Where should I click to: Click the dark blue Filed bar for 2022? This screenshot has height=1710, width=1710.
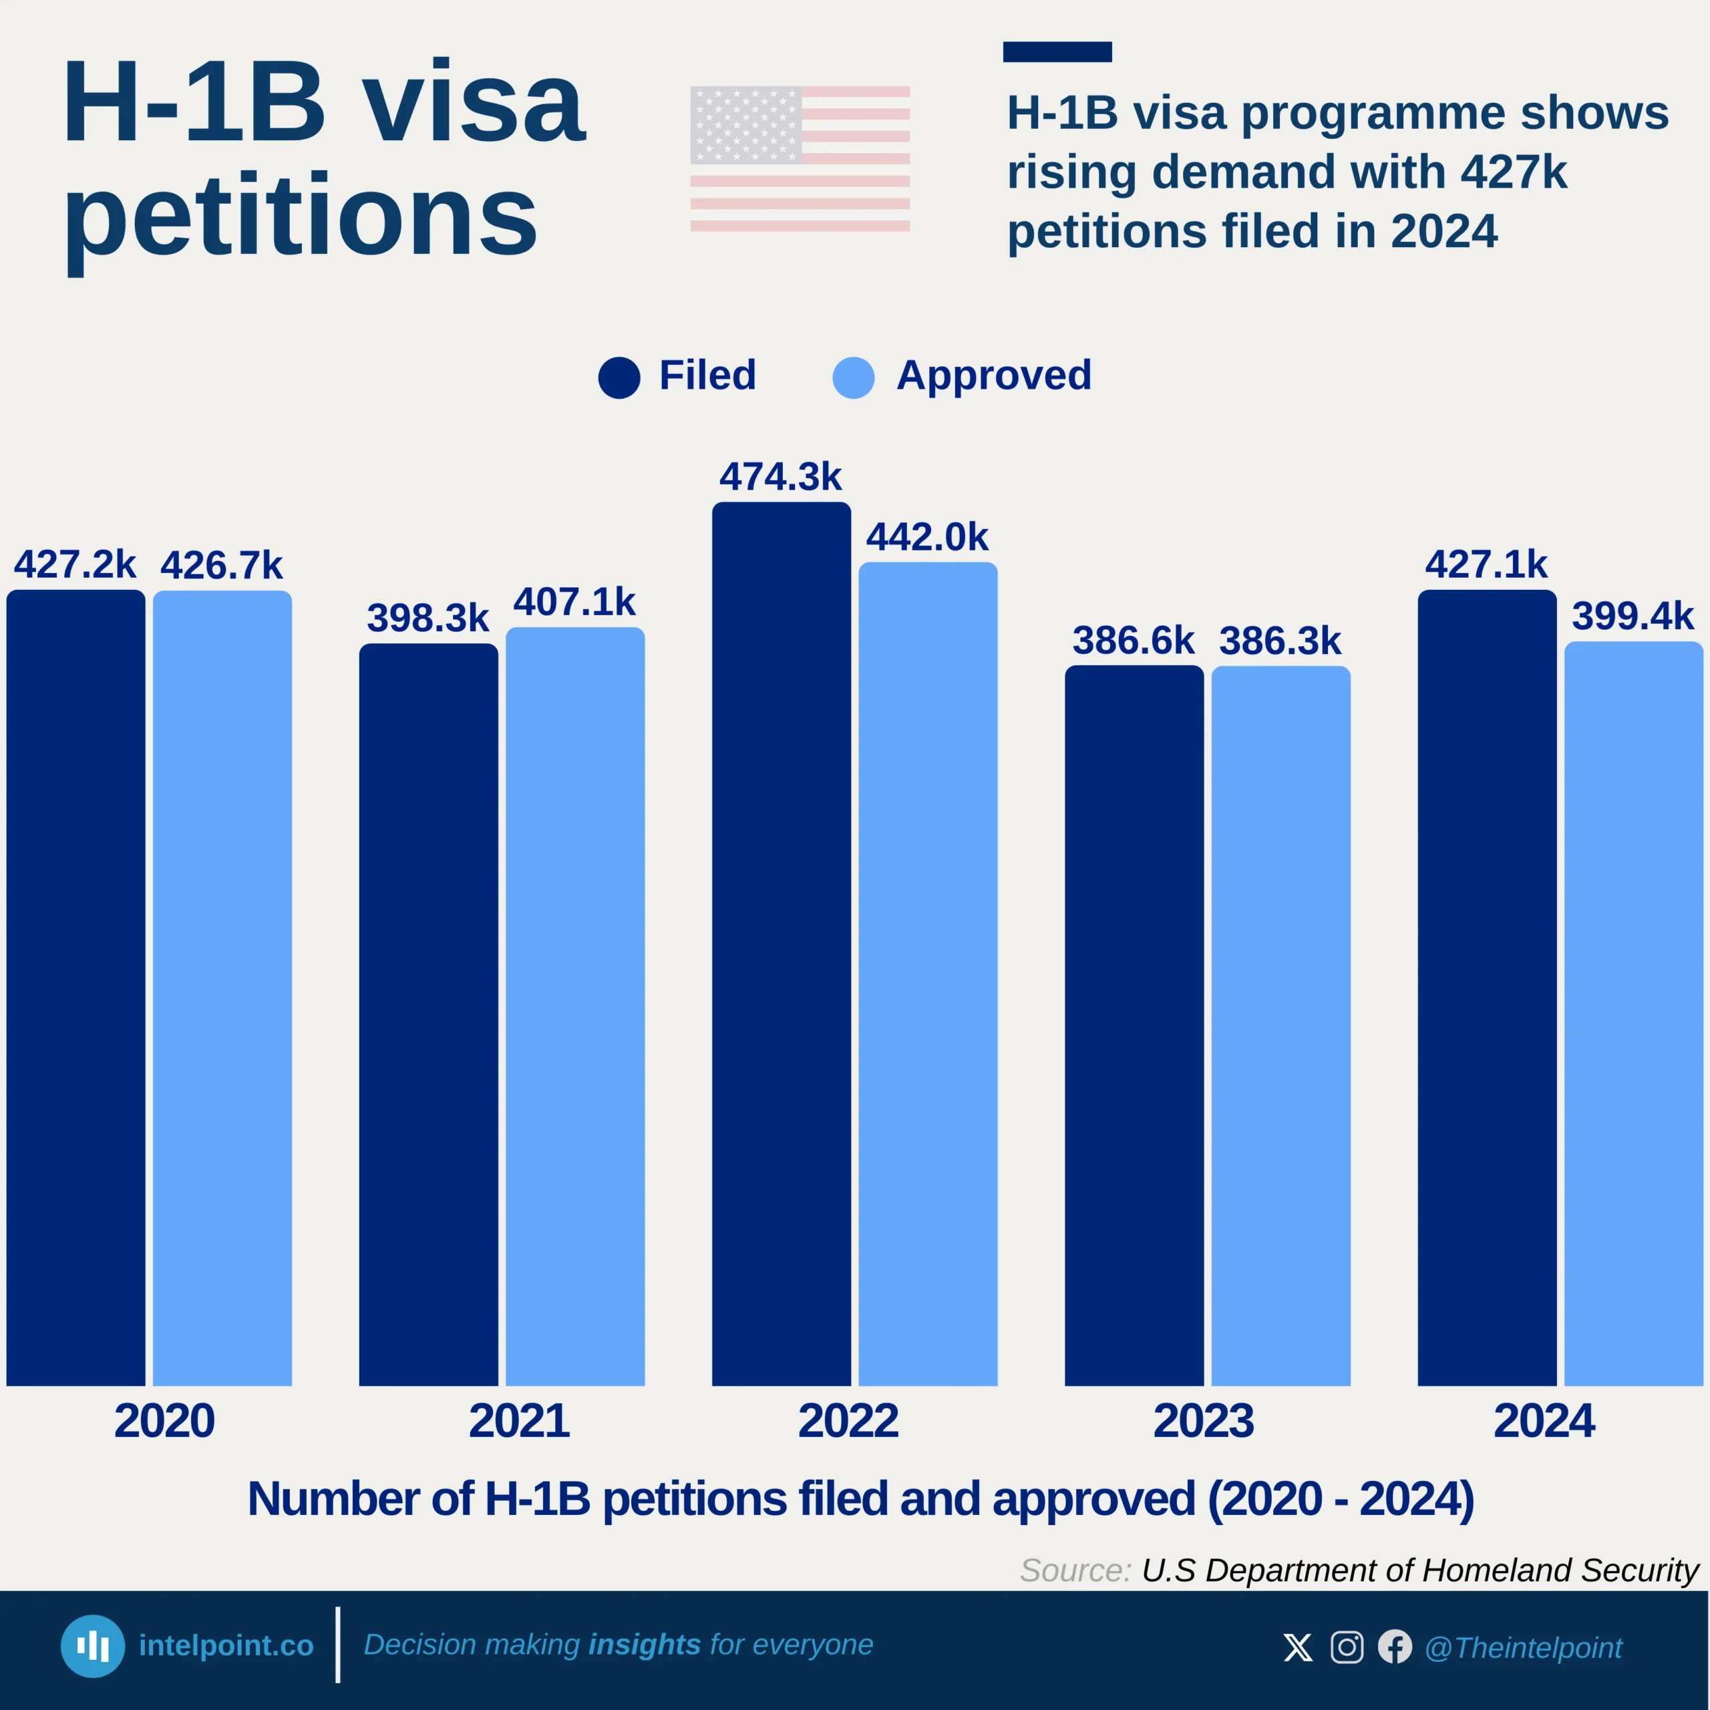pos(781,943)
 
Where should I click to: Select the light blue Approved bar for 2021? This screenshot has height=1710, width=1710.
pos(574,1005)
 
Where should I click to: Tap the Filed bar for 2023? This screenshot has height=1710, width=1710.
pos(1134,1025)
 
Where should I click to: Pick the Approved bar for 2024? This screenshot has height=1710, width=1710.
pos(1633,1013)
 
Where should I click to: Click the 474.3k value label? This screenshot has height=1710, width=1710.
pos(781,477)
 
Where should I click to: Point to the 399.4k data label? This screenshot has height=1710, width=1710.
pos(1633,616)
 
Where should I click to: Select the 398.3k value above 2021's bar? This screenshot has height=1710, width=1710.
pos(427,618)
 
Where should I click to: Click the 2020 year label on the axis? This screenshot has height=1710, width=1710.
pos(164,1421)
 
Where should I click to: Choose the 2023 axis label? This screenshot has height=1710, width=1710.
pos(1204,1421)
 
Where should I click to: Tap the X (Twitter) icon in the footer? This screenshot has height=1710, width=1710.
pos(1298,1647)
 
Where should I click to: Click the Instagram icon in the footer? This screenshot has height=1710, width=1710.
pos(1346,1647)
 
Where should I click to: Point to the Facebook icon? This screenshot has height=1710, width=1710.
pos(1395,1647)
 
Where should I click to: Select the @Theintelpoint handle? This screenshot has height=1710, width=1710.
pos(1523,1648)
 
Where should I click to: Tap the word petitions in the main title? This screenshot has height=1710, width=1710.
pos(301,217)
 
